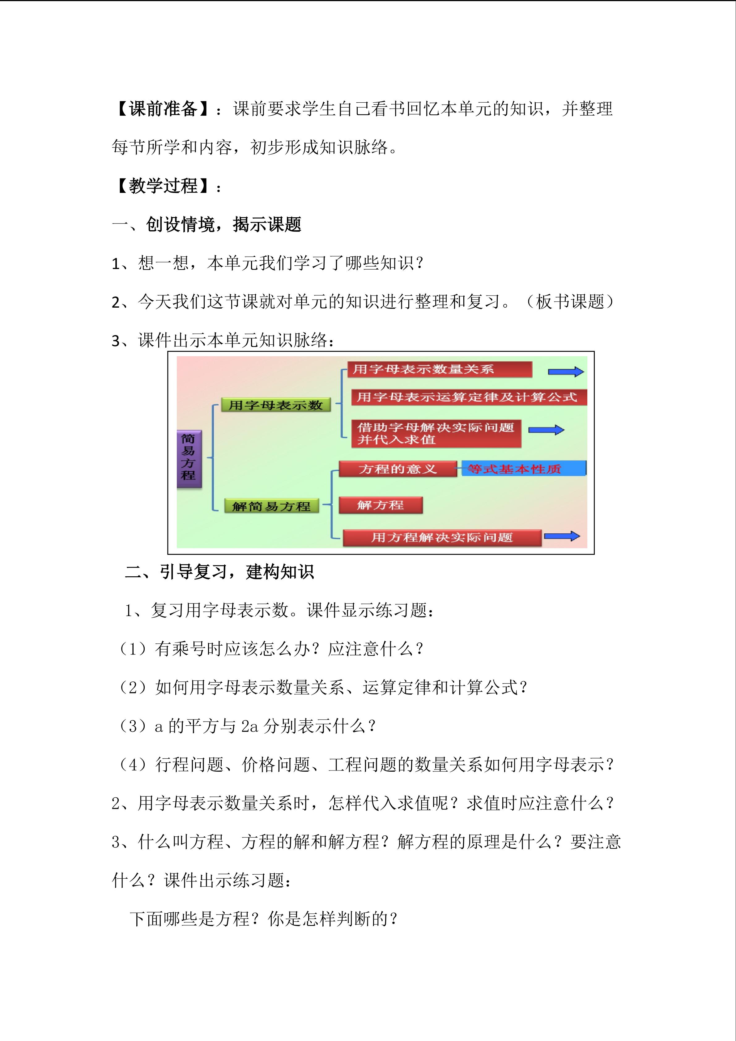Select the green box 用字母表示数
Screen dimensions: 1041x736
(275, 405)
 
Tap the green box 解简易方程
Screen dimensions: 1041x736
(271, 506)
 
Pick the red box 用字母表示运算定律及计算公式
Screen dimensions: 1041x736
(469, 397)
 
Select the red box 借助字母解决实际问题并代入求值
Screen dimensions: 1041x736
(436, 433)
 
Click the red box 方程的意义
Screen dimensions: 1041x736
(398, 469)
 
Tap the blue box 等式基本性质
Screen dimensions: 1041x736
(523, 469)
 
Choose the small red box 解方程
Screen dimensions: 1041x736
(381, 505)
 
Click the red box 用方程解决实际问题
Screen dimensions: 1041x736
(442, 537)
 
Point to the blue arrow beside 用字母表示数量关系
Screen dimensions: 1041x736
(566, 372)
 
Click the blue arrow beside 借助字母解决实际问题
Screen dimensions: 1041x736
(546, 430)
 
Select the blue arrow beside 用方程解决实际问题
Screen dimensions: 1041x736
(562, 536)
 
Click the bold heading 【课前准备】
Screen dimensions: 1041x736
(163, 109)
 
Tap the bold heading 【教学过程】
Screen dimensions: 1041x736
(163, 186)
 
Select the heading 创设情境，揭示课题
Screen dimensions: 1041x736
(223, 224)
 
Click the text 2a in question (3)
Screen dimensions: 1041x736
(250, 726)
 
